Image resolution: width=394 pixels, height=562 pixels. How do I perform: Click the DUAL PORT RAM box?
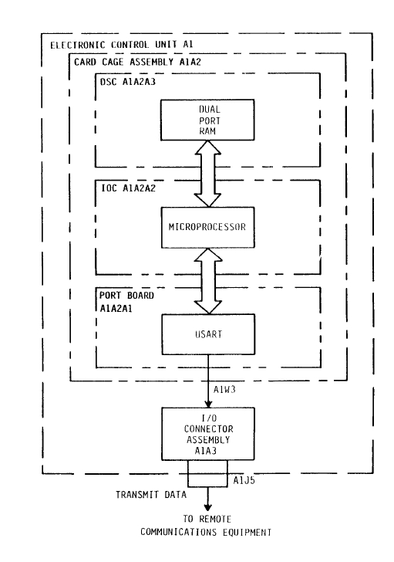point(207,120)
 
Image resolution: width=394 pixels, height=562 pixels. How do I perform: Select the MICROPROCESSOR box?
point(208,227)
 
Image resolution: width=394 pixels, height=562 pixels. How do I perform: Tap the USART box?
point(208,334)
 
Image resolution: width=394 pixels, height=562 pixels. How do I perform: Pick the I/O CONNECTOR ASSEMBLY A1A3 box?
point(208,434)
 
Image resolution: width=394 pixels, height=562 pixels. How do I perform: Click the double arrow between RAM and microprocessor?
point(207,174)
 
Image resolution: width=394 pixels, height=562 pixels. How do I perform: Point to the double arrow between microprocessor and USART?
point(208,281)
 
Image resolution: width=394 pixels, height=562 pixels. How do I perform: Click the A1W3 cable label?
point(224,389)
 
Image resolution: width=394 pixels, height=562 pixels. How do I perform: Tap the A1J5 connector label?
point(244,480)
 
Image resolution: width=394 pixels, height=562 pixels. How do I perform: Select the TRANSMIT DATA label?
point(151,495)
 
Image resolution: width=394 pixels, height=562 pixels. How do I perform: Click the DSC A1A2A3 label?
point(128,82)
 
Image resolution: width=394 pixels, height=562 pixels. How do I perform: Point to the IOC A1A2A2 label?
point(128,188)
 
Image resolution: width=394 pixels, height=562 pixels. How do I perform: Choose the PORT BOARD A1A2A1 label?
point(126,302)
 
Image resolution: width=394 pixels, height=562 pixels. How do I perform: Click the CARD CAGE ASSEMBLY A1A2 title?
point(137,62)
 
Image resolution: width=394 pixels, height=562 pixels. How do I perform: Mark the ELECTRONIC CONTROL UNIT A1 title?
point(122,45)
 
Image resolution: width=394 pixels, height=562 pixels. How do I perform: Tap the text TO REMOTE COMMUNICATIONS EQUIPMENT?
point(206,526)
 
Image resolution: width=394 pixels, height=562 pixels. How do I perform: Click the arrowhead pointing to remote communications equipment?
point(207,507)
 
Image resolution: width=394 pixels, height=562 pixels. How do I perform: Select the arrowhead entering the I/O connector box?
point(208,404)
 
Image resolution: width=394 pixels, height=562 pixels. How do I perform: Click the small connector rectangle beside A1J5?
point(207,473)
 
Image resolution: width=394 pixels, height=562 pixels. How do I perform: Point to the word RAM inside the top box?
point(207,131)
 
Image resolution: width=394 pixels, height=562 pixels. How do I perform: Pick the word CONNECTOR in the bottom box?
point(209,429)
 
